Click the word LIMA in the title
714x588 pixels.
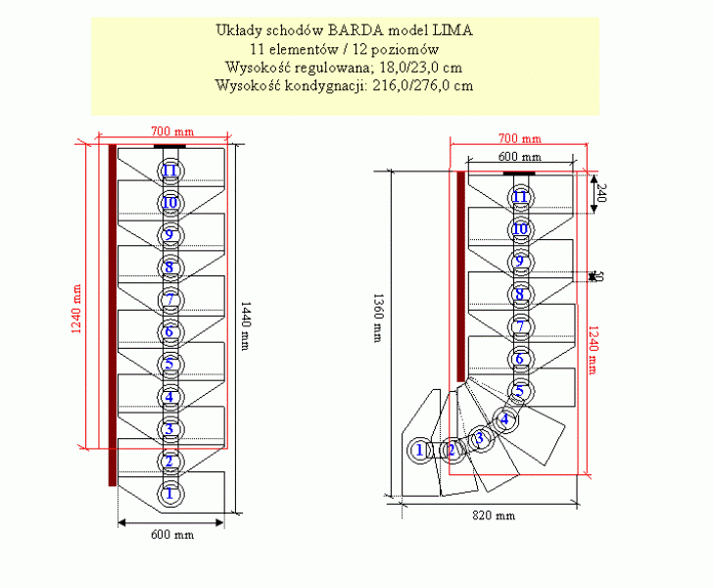click(x=452, y=30)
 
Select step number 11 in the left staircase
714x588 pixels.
click(x=169, y=171)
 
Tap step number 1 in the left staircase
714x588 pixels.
click(x=169, y=493)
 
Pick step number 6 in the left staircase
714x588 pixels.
click(x=169, y=332)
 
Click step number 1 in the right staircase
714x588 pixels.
click(x=420, y=450)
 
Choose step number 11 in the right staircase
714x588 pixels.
click(x=521, y=197)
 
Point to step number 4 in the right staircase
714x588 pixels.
click(x=504, y=419)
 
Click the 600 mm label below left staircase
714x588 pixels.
click(x=170, y=535)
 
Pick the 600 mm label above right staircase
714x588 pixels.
click(x=519, y=157)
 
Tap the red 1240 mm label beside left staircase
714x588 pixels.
click(x=75, y=309)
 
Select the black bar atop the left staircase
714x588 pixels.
click(x=170, y=146)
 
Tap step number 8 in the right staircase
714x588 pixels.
click(x=521, y=293)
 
